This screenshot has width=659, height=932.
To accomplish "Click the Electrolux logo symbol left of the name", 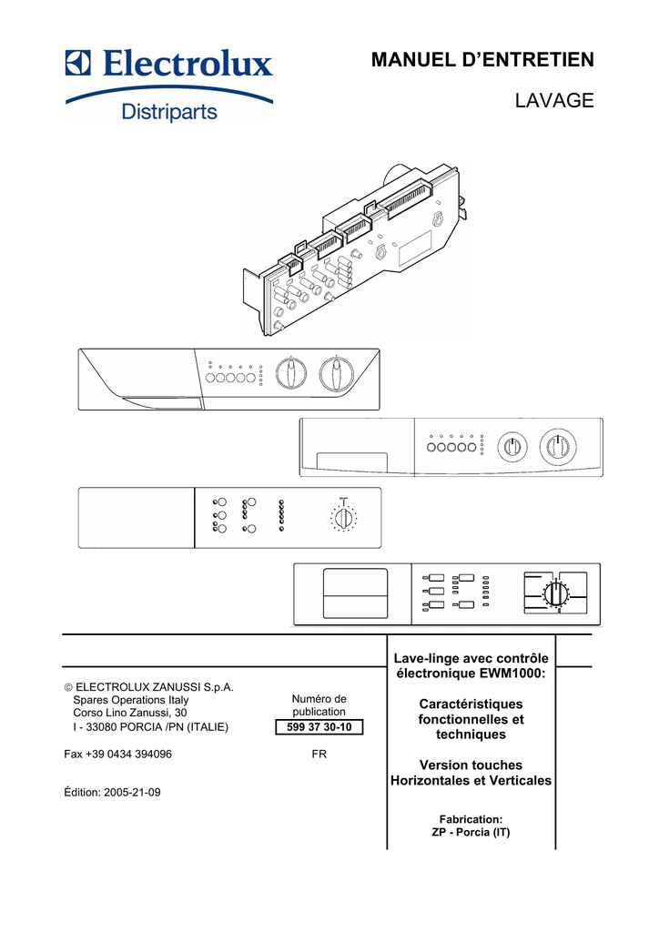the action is (x=78, y=63).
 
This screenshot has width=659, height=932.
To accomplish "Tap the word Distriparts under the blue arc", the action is (x=169, y=111).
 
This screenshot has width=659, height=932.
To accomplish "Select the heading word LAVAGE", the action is (x=554, y=100).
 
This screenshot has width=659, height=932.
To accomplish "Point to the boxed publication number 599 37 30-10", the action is (x=319, y=727).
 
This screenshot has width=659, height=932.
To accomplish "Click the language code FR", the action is (x=319, y=754).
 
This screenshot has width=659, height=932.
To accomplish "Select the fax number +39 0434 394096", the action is (x=129, y=754).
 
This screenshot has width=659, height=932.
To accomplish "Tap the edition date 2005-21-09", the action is (x=132, y=792).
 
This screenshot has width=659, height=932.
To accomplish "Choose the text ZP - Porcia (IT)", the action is (x=471, y=832).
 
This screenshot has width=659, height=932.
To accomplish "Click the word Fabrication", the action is (x=471, y=819).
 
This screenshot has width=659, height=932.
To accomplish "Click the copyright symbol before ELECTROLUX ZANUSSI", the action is (x=68, y=688).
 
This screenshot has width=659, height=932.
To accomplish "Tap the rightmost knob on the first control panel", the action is (x=337, y=374).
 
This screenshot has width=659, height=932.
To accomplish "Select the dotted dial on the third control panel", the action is (x=343, y=518).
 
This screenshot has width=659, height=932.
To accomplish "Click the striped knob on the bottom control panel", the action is (x=555, y=593).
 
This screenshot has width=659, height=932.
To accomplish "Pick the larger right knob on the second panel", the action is (x=558, y=446).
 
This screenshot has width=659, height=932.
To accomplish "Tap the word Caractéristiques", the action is (x=471, y=704).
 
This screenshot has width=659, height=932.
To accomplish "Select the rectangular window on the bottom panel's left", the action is (x=355, y=593).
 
